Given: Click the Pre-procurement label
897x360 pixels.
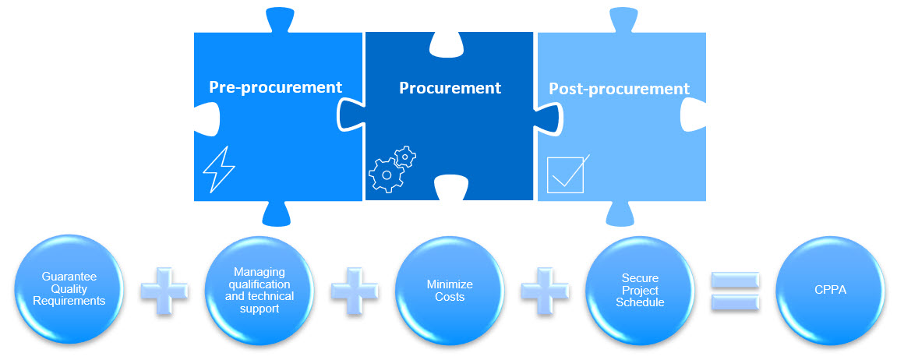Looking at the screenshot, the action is [276, 87].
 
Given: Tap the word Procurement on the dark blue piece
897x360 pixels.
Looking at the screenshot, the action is [450, 88].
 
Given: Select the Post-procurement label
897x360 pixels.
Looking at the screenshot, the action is [619, 90].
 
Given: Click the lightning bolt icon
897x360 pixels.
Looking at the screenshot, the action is [218, 169].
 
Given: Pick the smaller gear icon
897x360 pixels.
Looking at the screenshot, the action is [405, 156].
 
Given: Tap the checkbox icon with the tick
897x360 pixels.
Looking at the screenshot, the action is [567, 174].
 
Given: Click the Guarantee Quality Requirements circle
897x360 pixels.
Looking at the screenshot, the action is [69, 290].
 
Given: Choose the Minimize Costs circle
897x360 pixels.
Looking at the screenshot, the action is [450, 290].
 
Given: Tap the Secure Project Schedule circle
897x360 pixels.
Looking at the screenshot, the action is [640, 290].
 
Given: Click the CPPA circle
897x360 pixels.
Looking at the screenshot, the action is [830, 290].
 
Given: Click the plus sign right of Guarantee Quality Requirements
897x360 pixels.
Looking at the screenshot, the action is [164, 291].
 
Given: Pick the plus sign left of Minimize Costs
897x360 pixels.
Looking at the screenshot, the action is [355, 291].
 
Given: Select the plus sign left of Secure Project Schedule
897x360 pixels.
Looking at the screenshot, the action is [545, 291].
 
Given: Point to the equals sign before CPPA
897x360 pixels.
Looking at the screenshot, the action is [735, 291].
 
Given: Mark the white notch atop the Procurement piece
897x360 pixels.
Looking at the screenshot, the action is [450, 44].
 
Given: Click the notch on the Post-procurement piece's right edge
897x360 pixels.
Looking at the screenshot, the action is [694, 115].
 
